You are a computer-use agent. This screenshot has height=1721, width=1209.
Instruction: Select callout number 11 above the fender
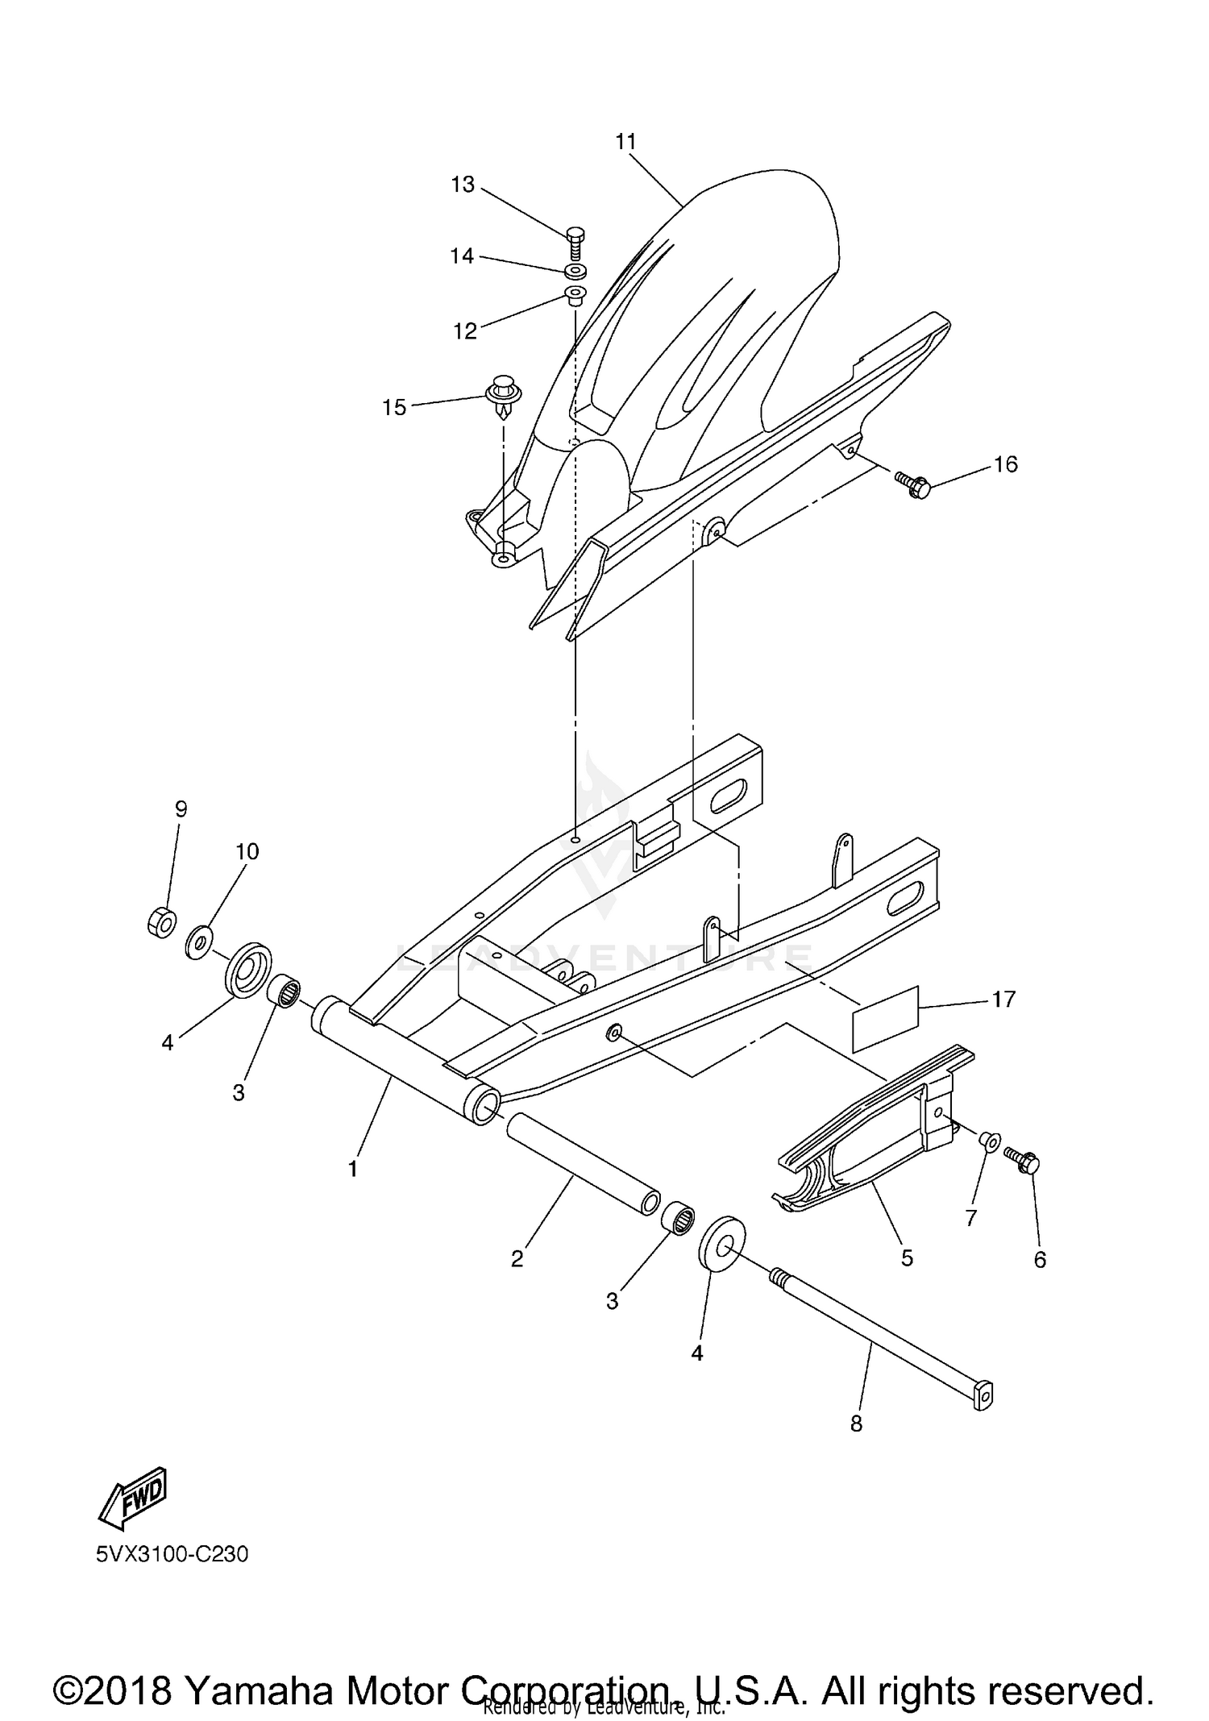point(625,142)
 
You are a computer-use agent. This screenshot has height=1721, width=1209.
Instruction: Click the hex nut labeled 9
point(162,921)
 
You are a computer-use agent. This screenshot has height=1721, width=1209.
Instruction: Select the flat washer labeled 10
point(198,942)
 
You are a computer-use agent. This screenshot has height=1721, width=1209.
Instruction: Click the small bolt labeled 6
point(1024,1162)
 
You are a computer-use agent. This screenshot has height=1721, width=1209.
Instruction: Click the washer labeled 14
point(575,269)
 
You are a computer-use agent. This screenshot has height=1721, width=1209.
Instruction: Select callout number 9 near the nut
point(181,809)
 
